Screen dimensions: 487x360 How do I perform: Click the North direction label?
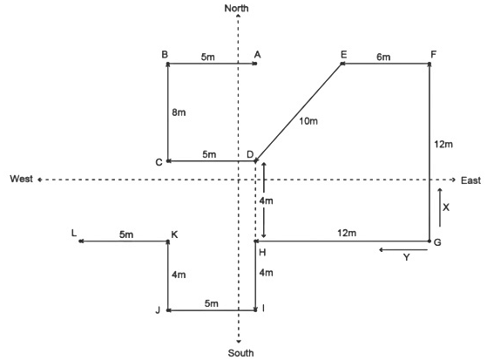pos(237,8)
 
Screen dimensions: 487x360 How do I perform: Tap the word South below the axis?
pos(240,353)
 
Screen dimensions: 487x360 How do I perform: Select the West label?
pos(21,179)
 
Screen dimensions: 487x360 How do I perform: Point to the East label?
pos(470,180)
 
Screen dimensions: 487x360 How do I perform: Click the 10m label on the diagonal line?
pos(308,121)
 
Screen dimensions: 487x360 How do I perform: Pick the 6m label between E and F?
pos(383,57)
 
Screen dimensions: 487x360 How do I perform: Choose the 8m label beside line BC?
pos(179,112)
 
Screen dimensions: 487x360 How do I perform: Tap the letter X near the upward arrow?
pos(446,207)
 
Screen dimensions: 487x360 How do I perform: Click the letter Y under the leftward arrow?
pos(406,257)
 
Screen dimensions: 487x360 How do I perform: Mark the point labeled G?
pos(430,241)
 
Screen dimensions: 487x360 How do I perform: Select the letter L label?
pos(73,233)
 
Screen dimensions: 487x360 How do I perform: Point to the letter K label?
pos(174,234)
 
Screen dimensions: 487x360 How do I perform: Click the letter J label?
pos(158,310)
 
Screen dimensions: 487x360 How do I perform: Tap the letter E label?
pos(343,55)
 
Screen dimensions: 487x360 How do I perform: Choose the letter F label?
pos(434,55)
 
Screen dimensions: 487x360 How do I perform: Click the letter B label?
pos(165,54)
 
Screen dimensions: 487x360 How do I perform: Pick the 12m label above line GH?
pos(347,233)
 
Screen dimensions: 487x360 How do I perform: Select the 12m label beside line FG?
pos(443,144)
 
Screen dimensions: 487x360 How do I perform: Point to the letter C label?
pos(159,162)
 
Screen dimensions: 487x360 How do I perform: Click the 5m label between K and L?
pos(126,234)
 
